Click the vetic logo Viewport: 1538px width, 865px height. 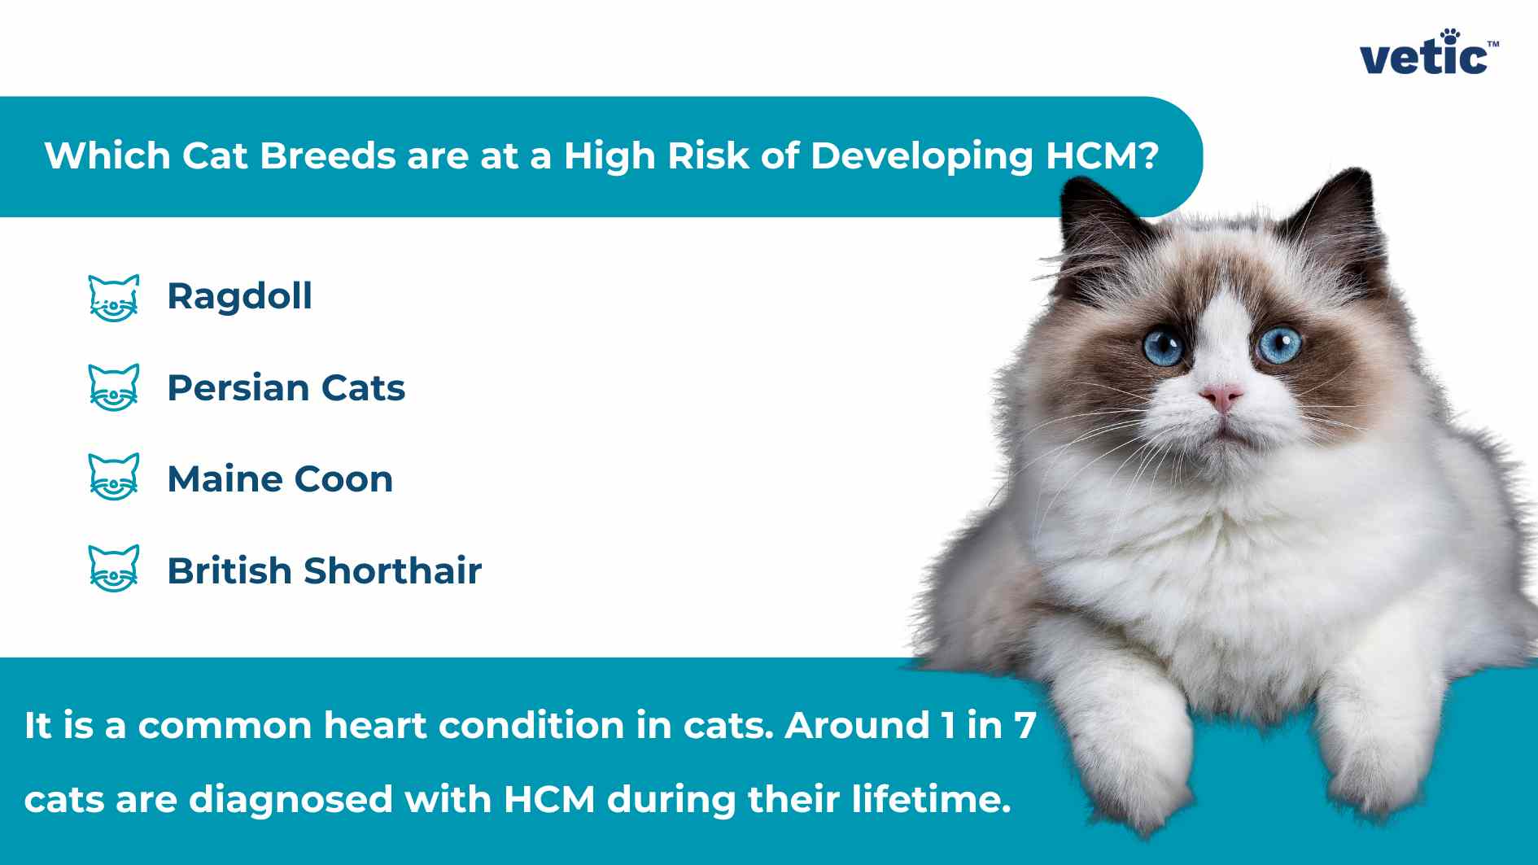(x=1429, y=54)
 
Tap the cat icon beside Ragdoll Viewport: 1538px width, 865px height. (x=114, y=298)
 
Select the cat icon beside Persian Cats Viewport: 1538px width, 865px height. (x=114, y=387)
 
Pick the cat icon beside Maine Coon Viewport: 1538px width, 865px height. (x=114, y=477)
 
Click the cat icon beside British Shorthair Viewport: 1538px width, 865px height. (x=114, y=568)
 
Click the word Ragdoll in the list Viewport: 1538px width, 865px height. (x=239, y=297)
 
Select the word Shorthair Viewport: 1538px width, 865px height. (x=392, y=570)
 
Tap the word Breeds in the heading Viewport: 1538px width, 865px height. (x=327, y=155)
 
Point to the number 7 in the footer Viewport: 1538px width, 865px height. (x=1025, y=726)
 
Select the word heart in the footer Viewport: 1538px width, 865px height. (x=374, y=725)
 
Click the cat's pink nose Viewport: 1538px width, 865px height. (x=1221, y=397)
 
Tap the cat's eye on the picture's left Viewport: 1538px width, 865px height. (x=1164, y=347)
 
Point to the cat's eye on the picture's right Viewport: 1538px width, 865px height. (x=1278, y=344)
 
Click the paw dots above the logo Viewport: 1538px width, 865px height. (x=1451, y=37)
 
